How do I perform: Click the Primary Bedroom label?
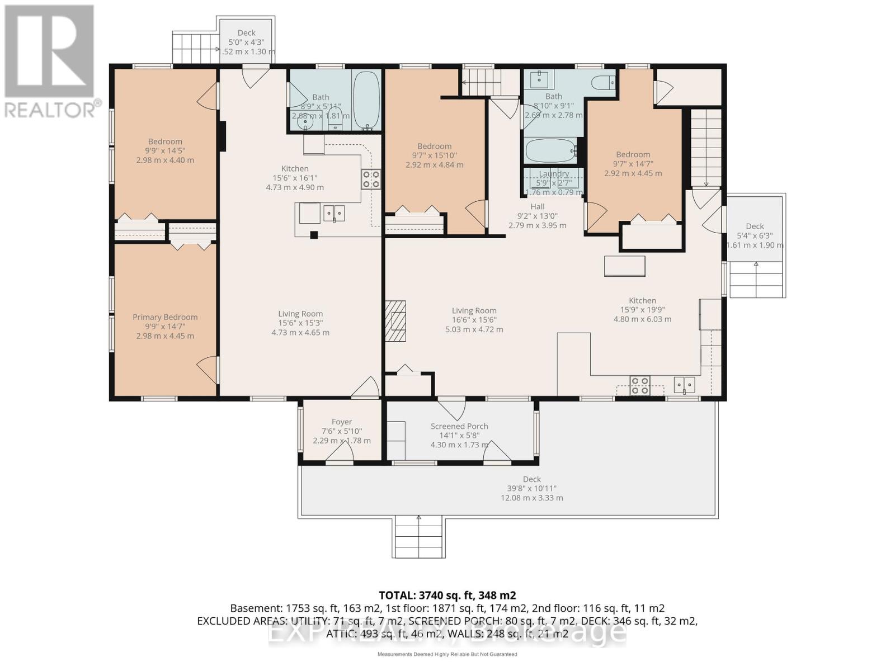[165, 317]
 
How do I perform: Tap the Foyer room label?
[342, 422]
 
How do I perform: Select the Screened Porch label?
[459, 426]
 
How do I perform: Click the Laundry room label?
[554, 174]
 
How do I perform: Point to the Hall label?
[538, 207]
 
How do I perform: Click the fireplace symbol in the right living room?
[395, 321]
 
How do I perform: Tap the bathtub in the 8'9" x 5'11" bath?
[366, 99]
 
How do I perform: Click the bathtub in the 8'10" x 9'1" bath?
[550, 150]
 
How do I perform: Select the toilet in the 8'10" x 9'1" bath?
[604, 83]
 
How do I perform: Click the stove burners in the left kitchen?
[370, 179]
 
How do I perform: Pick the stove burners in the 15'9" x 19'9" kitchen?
[639, 385]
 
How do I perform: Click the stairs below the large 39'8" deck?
[420, 537]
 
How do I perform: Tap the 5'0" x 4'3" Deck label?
[246, 33]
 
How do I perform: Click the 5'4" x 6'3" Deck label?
[755, 226]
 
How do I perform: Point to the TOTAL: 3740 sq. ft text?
[447, 596]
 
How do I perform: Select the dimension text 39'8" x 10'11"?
[531, 489]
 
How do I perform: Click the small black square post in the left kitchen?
[314, 235]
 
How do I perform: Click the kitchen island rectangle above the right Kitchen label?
[624, 266]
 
